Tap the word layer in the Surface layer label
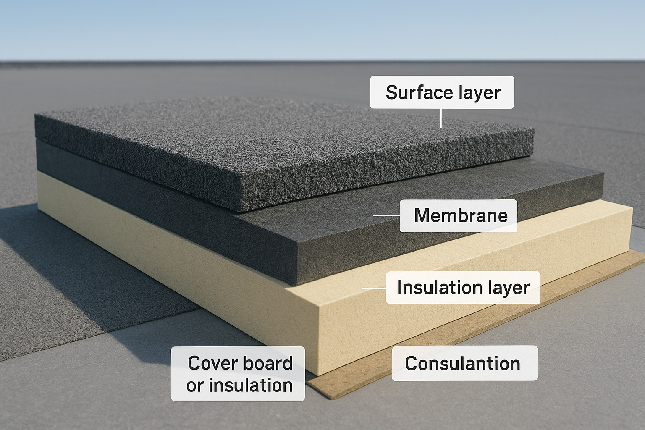point(482,93)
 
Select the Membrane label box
point(459,216)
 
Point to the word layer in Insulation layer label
point(506,288)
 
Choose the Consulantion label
point(465,363)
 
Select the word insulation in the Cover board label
point(251,385)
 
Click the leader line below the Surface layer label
point(441,118)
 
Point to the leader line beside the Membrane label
point(386,215)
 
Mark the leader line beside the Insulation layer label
point(374,288)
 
